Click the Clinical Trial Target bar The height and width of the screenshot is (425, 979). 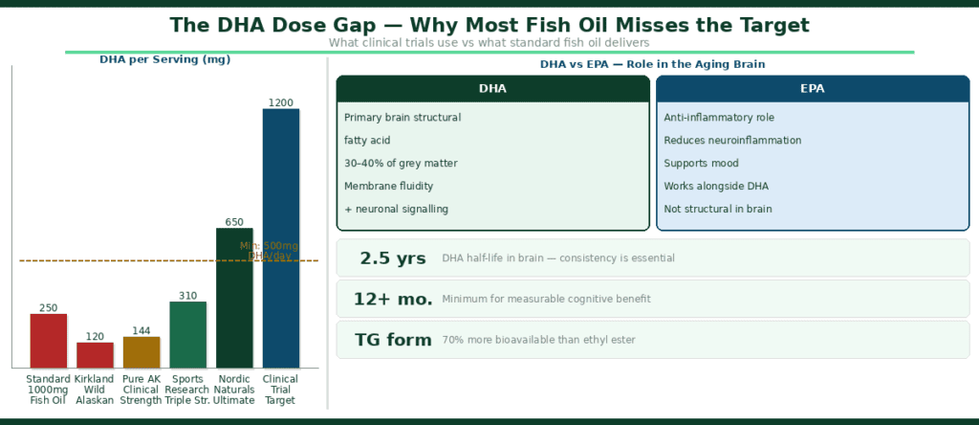click(281, 238)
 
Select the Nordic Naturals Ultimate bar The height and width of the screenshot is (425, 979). click(234, 298)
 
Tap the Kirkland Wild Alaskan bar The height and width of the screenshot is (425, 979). click(96, 355)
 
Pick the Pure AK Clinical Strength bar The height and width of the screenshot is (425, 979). click(141, 352)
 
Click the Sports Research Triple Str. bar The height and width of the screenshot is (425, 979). click(187, 335)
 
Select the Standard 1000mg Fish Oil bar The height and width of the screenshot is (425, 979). click(49, 341)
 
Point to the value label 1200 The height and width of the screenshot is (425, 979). click(281, 102)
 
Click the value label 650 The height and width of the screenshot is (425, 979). click(234, 222)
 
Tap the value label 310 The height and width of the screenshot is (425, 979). click(187, 296)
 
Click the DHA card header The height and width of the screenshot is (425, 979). click(492, 89)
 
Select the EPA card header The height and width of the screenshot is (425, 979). click(813, 89)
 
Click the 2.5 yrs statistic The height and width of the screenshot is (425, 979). click(393, 258)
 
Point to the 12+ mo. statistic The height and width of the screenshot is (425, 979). click(393, 300)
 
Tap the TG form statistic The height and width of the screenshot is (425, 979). click(393, 340)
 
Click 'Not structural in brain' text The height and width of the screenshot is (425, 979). click(718, 209)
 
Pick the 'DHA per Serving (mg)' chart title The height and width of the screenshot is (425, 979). click(165, 59)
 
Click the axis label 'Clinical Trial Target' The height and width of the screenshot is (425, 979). click(280, 390)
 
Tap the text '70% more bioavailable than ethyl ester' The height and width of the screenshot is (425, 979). click(538, 340)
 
